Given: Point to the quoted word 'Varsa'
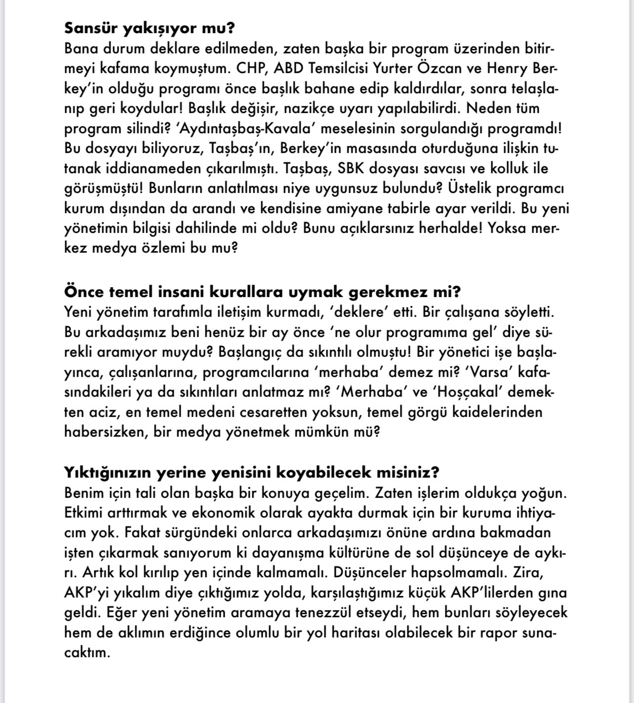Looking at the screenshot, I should [x=488, y=372].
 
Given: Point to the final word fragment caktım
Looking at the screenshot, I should [x=86, y=653].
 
